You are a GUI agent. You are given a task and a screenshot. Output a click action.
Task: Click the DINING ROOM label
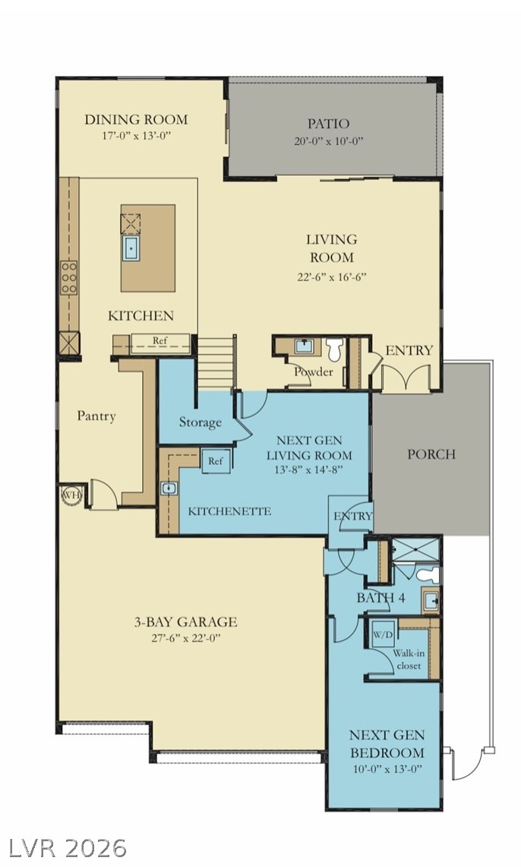pos(136,119)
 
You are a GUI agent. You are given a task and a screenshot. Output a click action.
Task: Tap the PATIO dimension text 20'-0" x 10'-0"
pos(328,141)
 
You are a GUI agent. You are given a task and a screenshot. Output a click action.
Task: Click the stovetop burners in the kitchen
pos(69,278)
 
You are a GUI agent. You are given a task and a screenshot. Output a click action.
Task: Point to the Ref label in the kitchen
pos(160,341)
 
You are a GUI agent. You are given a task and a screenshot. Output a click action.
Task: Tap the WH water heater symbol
pos(71,495)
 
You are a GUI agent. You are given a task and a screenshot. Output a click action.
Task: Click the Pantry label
pos(96,416)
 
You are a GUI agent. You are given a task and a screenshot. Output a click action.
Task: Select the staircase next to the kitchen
pos(217,363)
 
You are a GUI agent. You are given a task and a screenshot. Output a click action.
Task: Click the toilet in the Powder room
pos(334,350)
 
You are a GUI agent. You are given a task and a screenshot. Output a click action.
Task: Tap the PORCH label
pos(431,454)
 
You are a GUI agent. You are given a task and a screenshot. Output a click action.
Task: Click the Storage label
pos(200,423)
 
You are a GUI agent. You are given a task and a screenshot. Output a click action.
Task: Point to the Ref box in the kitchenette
pos(216,460)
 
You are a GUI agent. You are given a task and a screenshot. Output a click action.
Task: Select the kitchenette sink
pos(169,488)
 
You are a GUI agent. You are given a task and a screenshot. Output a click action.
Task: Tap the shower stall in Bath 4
pos(415,550)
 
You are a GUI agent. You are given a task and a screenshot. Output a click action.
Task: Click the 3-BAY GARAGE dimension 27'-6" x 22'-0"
pos(186,638)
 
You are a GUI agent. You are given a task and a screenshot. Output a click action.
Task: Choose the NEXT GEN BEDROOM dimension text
pos(387,769)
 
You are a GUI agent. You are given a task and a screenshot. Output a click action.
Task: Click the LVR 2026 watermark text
pos(65,847)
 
